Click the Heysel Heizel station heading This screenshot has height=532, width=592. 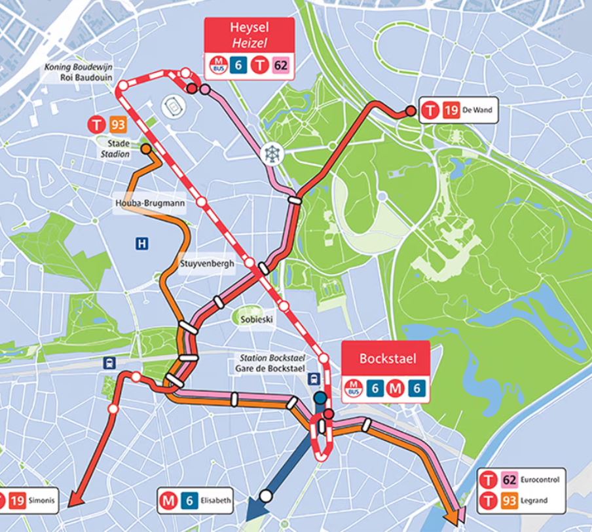(x=250, y=35)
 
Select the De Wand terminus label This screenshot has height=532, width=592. (x=475, y=111)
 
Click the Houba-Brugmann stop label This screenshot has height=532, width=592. (x=148, y=203)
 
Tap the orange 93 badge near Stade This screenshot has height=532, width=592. (x=118, y=124)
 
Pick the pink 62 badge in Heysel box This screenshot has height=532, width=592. (x=281, y=64)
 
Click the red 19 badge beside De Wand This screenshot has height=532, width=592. (x=450, y=111)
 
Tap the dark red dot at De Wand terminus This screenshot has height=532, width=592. (x=411, y=111)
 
